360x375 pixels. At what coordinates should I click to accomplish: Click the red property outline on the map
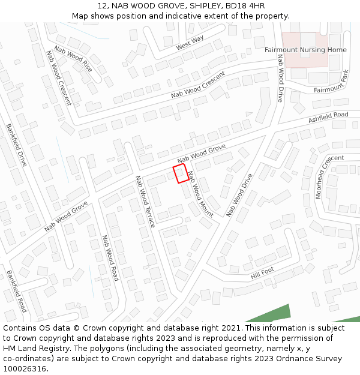(x=181, y=174)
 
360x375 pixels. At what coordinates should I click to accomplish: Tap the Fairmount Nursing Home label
(x=305, y=50)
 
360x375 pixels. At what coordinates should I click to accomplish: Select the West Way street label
(x=190, y=43)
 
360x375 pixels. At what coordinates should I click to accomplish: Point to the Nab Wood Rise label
(x=73, y=59)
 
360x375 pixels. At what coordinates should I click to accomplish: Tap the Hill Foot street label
(x=262, y=273)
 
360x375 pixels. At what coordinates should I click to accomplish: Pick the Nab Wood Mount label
(x=200, y=194)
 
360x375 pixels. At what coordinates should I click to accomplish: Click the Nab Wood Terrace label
(x=145, y=202)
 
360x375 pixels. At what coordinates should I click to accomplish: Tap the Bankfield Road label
(x=17, y=291)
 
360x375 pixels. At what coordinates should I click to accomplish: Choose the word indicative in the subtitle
(x=176, y=16)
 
